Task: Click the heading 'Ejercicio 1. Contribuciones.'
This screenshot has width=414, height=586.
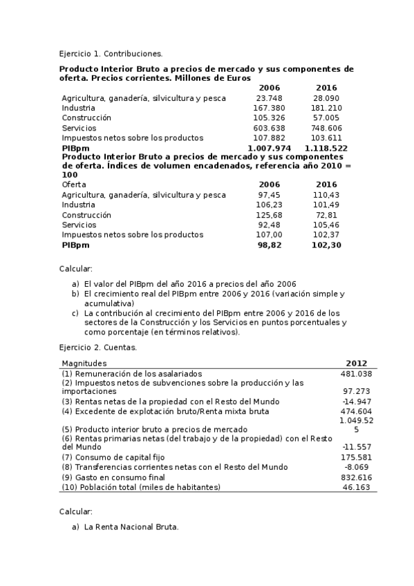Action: (x=111, y=53)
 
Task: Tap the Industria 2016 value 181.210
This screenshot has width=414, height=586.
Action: (x=326, y=108)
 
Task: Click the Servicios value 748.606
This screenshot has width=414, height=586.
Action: (x=326, y=128)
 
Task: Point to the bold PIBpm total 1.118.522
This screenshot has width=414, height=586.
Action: (x=325, y=148)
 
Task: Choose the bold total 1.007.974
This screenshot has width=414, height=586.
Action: (x=269, y=148)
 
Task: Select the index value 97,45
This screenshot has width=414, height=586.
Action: (x=270, y=195)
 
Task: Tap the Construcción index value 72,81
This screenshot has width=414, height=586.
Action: (x=326, y=215)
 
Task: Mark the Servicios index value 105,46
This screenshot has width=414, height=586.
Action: (x=326, y=225)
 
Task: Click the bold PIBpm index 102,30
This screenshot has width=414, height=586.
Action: (x=326, y=245)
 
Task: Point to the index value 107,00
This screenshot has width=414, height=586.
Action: (x=270, y=234)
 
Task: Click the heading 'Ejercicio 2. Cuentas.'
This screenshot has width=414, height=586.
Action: (x=97, y=347)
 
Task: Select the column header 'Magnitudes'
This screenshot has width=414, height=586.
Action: (x=84, y=363)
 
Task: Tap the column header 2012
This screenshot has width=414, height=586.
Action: (x=357, y=363)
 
